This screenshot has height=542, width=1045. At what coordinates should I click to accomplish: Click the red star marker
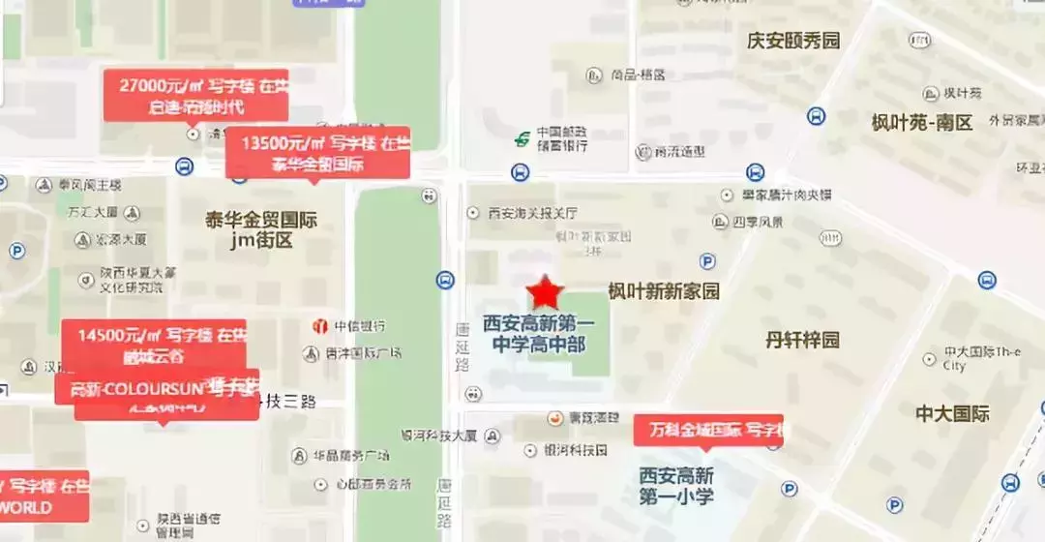coord(546,291)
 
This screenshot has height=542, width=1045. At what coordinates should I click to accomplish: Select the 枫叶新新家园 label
coord(664,291)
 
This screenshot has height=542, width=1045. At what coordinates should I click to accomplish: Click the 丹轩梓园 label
coord(802,340)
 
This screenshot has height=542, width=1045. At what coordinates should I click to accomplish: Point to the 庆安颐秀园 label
coord(793,40)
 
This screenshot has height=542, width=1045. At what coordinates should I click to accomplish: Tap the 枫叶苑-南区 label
coord(921,123)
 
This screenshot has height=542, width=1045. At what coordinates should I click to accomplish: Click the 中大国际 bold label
coord(952,413)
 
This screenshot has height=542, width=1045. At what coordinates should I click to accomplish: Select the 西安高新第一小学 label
coord(676,486)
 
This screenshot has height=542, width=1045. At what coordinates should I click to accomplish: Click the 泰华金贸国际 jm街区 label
coord(261,230)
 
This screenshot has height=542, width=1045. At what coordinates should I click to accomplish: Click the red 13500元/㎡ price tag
coord(317,153)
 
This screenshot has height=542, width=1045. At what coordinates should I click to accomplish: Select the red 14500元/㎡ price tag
coord(155,346)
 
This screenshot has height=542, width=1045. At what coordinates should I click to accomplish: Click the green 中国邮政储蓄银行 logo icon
coord(522,139)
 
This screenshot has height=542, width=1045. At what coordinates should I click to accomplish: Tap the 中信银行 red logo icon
coord(318,326)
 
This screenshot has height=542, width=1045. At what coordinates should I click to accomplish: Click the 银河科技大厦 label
coord(439,436)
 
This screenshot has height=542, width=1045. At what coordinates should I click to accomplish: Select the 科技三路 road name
coord(288,401)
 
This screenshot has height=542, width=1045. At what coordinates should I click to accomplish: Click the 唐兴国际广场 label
coord(359,354)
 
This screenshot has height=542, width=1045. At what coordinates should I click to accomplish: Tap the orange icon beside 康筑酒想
coord(555,418)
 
